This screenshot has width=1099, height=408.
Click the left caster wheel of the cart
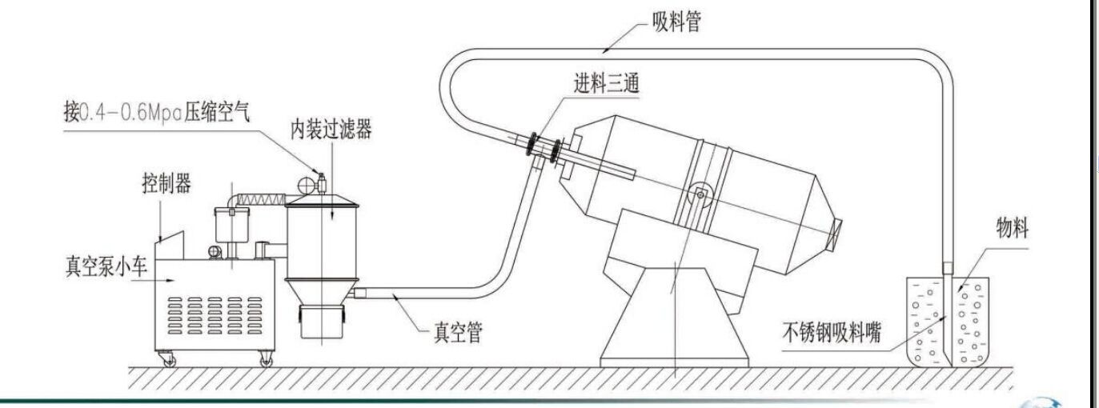170,361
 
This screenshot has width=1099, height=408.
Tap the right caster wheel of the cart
266,361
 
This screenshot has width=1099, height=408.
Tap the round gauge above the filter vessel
306,184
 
